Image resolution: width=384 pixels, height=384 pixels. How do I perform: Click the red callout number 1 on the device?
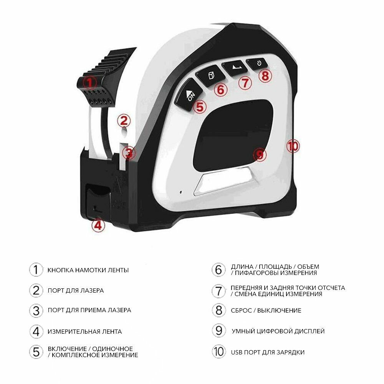[89, 82]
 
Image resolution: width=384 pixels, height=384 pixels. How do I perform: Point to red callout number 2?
[124, 121]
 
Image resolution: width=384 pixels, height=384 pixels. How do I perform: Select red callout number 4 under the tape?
[98, 225]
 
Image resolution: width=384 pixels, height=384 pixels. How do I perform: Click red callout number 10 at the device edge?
[293, 146]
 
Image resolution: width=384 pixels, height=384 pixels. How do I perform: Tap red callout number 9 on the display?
[260, 155]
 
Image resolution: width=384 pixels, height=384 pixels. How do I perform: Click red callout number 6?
[220, 89]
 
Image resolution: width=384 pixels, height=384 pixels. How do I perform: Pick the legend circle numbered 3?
[36, 310]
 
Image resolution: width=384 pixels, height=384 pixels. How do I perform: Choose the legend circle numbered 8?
[218, 310]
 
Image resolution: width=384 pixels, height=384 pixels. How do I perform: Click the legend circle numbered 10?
[218, 352]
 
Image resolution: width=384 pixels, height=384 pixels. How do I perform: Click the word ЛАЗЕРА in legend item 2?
[91, 291]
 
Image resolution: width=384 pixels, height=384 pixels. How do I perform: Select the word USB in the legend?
[237, 352]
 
